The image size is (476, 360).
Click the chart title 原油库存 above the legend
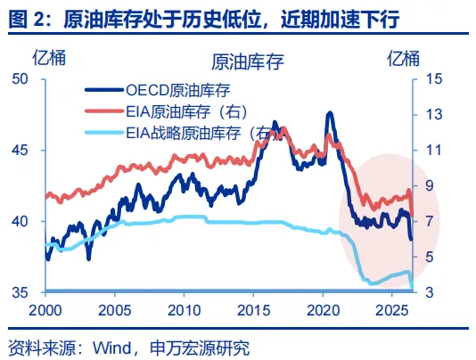[248, 61]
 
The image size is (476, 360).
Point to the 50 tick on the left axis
[20, 79]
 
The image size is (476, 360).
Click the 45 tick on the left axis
[20, 151]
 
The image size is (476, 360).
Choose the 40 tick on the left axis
[20, 221]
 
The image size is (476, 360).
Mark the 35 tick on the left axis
[20, 292]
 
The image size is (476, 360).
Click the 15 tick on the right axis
[434, 79]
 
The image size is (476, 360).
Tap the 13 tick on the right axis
[434, 115]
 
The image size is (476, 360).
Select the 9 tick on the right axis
[430, 185]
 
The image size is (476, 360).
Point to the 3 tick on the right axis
[430, 292]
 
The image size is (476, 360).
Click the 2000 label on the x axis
[45, 310]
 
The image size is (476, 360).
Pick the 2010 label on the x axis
[184, 310]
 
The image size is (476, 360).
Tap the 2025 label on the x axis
[392, 310]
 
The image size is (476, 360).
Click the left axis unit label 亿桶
[49, 58]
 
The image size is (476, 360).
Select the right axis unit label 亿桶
[403, 58]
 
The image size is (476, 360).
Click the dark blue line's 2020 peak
[330, 113]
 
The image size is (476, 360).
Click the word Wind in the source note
[112, 348]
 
